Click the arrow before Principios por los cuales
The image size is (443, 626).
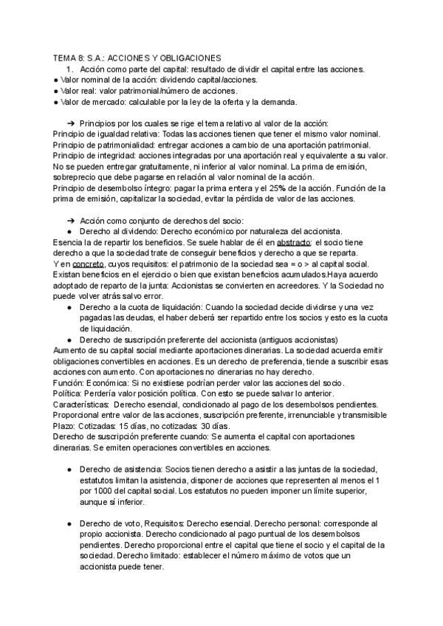click(71, 123)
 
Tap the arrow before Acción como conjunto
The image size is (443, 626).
click(71, 221)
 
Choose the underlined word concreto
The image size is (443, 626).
click(87, 264)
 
